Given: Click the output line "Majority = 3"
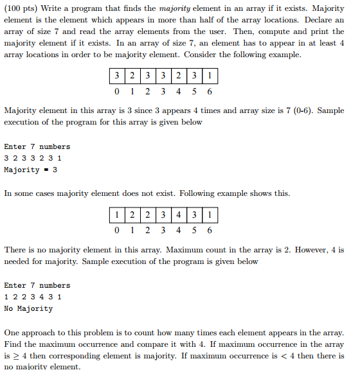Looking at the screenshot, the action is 31,170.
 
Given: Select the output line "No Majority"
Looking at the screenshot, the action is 28,309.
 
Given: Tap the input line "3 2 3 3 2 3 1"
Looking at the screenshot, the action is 33,159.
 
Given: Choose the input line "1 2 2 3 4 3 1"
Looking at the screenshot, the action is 33,297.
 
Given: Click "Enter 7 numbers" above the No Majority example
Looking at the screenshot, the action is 37,286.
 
